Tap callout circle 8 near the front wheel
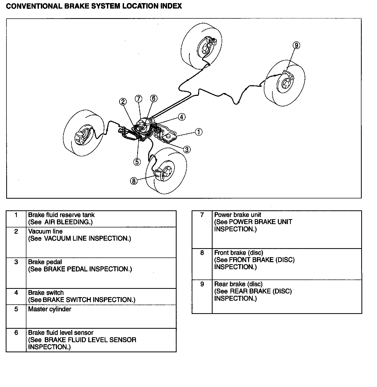134,181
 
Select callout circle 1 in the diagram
199,132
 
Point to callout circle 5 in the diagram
137,162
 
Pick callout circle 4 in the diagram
182,117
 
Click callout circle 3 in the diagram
187,149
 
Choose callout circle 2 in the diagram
123,102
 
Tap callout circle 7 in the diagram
139,99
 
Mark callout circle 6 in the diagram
154,98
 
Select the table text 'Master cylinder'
49,309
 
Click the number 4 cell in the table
16,293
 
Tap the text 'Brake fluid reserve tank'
61,215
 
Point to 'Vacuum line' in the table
45,231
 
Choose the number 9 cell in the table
202,284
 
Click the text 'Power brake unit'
237,215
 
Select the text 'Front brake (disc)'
238,253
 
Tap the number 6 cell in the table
16,333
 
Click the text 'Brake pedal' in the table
45,262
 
